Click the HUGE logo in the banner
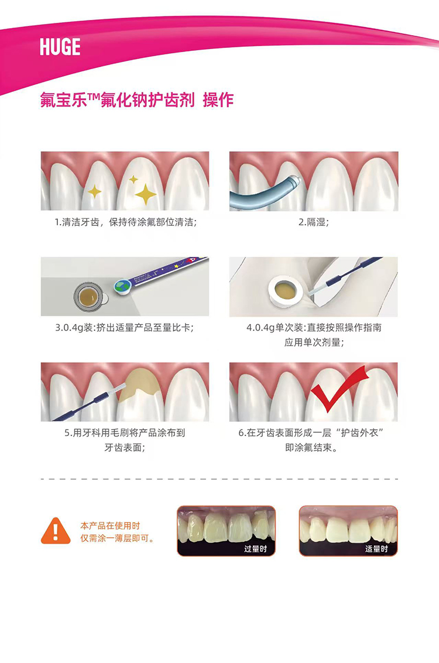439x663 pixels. tap(60, 46)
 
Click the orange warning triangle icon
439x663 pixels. tap(56, 531)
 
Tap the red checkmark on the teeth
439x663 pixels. tap(338, 391)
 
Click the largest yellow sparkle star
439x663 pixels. tap(146, 194)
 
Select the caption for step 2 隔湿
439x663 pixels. tap(313, 222)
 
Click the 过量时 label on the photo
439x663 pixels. tap(255, 549)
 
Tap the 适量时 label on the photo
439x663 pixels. tap(376, 549)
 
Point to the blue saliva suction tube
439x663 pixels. tap(262, 195)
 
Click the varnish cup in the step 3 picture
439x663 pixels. tap(90, 296)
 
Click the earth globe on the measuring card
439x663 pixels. tap(123, 286)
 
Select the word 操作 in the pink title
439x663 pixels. tap(218, 100)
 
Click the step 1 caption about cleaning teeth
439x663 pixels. tap(126, 222)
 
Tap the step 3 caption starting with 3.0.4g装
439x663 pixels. tap(124, 328)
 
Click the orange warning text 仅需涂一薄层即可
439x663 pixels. tap(117, 539)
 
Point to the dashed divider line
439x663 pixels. tap(220, 479)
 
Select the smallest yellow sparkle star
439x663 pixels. tap(133, 179)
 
